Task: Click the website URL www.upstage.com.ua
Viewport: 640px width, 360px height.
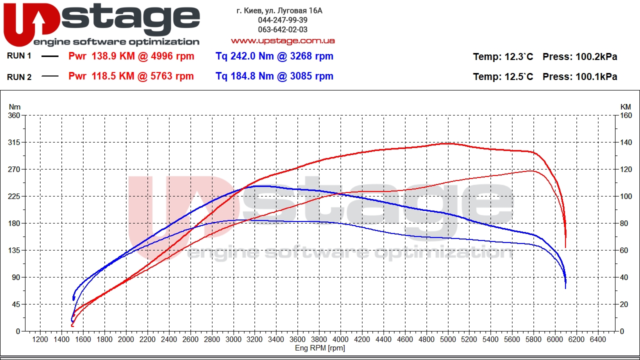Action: point(282,40)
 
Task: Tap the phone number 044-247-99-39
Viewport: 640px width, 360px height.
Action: point(282,20)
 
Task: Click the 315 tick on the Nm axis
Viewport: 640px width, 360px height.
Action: point(14,142)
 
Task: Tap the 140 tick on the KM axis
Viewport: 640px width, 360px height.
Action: point(625,142)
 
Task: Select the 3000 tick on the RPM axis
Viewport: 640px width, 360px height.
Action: point(233,339)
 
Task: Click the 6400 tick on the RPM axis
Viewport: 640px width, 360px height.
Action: point(598,339)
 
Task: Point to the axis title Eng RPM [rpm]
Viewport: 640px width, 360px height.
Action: point(320,348)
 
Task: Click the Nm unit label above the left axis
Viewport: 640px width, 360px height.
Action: point(14,106)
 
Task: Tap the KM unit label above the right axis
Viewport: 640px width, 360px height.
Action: point(625,106)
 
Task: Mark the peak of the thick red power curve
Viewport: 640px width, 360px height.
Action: point(448,143)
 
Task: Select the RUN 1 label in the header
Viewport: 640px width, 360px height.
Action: point(19,56)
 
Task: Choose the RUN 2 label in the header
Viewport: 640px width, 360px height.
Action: point(19,77)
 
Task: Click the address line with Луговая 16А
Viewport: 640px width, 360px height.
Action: point(279,10)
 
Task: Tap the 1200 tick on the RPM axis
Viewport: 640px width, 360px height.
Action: point(40,339)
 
